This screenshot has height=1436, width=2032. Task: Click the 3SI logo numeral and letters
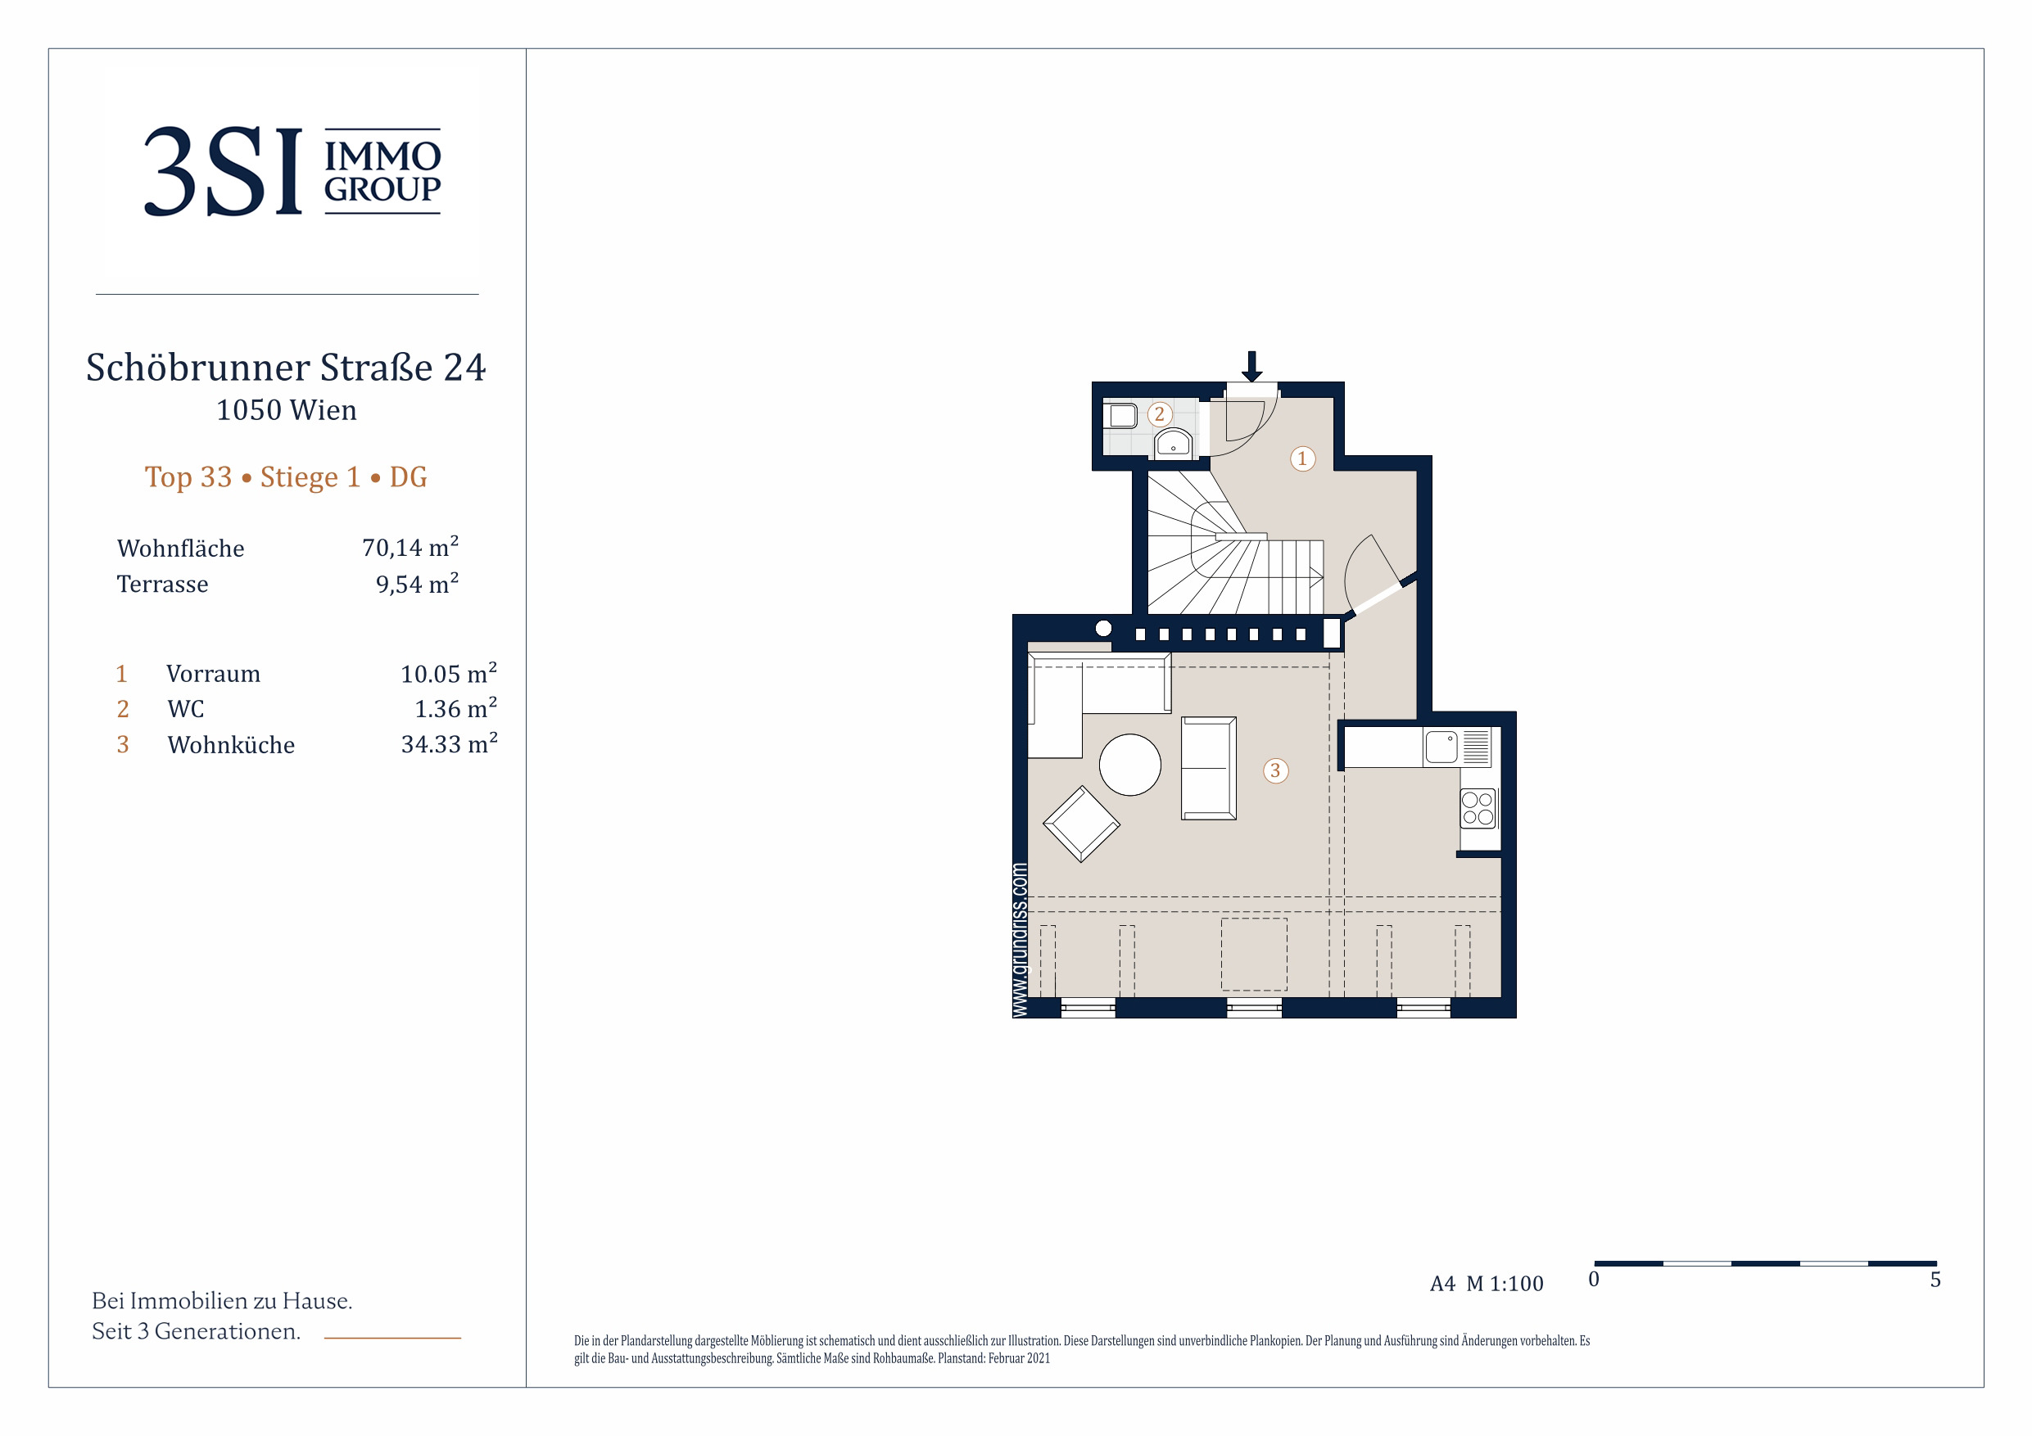(223, 171)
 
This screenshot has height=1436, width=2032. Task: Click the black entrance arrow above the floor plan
(1251, 366)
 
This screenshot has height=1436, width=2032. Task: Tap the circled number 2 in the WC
(1160, 413)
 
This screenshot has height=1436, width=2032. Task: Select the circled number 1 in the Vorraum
(1302, 458)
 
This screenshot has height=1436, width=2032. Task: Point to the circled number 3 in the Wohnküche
(1275, 770)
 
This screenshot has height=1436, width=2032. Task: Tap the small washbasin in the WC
(1174, 442)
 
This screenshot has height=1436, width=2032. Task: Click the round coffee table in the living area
(1130, 765)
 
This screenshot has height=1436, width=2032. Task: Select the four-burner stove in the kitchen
(1477, 809)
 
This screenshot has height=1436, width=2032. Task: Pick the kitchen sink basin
(1441, 747)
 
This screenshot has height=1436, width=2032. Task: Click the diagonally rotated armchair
(1081, 824)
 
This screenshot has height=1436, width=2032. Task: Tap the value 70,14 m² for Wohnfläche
(410, 547)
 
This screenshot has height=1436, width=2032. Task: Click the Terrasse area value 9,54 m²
(417, 583)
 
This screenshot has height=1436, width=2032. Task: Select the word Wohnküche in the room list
(231, 744)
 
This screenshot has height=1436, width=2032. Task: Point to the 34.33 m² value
(449, 743)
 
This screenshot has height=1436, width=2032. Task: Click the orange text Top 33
(188, 477)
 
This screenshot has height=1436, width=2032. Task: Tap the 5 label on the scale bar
(1935, 1280)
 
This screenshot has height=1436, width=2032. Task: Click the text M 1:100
(1505, 1283)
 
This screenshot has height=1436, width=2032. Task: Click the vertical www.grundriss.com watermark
(1020, 940)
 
